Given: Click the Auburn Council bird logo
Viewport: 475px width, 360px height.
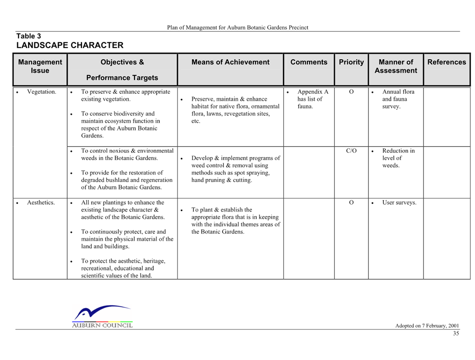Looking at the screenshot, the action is (x=103, y=316).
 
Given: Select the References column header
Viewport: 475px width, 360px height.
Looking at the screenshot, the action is (x=447, y=62).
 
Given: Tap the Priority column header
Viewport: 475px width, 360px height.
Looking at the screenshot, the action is (x=351, y=62).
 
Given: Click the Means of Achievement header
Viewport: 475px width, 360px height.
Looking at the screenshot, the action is (x=230, y=62).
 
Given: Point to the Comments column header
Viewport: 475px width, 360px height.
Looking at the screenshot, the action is (x=309, y=62).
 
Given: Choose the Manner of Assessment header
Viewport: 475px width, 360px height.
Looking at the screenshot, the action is (x=396, y=66).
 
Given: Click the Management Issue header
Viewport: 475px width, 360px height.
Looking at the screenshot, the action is (x=40, y=66).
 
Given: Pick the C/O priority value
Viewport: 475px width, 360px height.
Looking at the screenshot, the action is (x=351, y=151).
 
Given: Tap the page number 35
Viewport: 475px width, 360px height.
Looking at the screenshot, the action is (x=456, y=333).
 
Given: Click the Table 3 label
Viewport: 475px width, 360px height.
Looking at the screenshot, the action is (x=28, y=36).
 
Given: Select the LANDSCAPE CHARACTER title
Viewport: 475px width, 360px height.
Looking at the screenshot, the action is (x=70, y=45).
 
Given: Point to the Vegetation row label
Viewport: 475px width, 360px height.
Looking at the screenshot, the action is (x=41, y=92).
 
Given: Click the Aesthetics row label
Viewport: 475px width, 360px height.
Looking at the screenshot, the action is (x=41, y=202).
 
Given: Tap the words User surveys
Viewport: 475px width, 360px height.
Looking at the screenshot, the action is (x=399, y=202).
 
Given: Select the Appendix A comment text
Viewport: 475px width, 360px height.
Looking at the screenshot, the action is (x=313, y=99).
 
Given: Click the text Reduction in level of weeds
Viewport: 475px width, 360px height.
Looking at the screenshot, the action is (x=398, y=158).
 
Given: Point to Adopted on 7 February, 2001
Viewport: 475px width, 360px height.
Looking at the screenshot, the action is (x=427, y=326).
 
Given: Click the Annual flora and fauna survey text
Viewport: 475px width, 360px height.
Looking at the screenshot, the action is (x=398, y=99).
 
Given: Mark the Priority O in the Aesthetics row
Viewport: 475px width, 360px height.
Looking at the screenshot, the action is (x=351, y=202).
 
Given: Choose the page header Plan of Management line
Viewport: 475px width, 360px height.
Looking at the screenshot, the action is (x=237, y=27).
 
